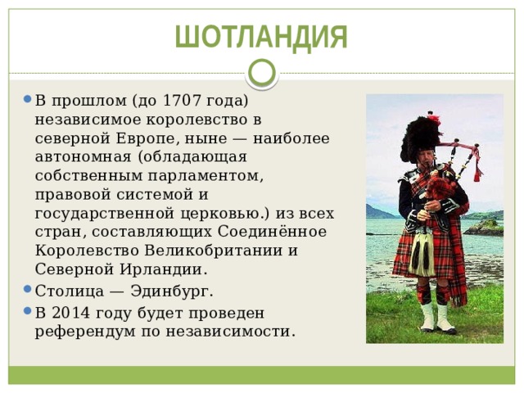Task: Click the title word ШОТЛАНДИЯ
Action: click(261, 37)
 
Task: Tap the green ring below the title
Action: click(262, 73)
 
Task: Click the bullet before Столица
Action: click(27, 290)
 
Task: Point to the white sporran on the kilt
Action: click(422, 253)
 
